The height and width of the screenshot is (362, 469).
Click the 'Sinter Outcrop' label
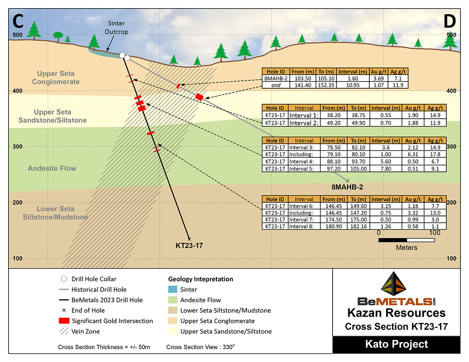pyautogui.click(x=116, y=27)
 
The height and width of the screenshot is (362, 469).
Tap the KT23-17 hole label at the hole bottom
pyautogui.click(x=189, y=246)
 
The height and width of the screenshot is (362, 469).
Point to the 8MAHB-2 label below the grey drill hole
pyautogui.click(x=347, y=187)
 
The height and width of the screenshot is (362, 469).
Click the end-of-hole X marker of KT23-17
pyautogui.click(x=189, y=239)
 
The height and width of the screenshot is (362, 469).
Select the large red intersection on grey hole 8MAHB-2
pyautogui.click(x=199, y=97)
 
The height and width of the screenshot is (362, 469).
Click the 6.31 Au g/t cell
pyautogui.click(x=413, y=154)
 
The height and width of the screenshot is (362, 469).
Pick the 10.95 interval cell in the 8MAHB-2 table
pyautogui.click(x=353, y=85)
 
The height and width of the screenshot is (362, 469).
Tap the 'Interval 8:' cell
pyautogui.click(x=301, y=226)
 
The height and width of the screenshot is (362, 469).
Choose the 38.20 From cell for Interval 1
pyautogui.click(x=334, y=115)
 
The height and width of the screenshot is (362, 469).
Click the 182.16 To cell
pyautogui.click(x=358, y=226)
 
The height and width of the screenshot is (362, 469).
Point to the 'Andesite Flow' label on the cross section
pyautogui.click(x=52, y=168)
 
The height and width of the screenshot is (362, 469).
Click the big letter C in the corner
pyautogui.click(x=18, y=21)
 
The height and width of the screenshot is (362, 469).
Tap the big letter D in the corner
pyautogui.click(x=450, y=21)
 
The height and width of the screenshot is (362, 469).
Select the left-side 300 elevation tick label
pyautogui.click(x=18, y=146)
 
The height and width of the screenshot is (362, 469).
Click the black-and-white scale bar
pyautogui.click(x=406, y=240)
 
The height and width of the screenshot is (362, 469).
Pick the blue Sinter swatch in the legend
pyautogui.click(x=173, y=289)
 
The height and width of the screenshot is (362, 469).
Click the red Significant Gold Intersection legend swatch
pyautogui.click(x=64, y=321)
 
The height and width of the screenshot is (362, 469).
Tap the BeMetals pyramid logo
pyautogui.click(x=394, y=284)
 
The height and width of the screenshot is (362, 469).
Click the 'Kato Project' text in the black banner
pyautogui.click(x=396, y=344)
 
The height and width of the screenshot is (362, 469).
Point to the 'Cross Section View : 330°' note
pyautogui.click(x=200, y=347)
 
